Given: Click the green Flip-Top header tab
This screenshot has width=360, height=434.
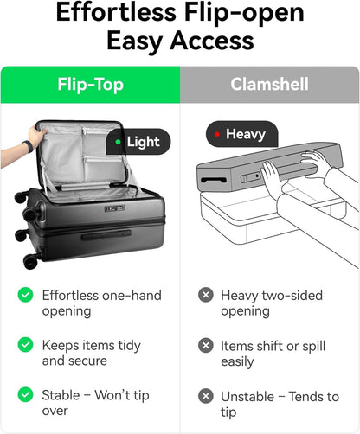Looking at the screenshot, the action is [90, 85].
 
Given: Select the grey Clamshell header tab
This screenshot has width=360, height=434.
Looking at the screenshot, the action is [270, 85].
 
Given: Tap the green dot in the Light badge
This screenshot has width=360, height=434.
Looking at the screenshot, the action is [118, 142].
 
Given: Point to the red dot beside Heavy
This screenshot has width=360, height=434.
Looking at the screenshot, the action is [217, 134].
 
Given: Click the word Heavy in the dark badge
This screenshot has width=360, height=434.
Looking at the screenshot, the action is [246, 135].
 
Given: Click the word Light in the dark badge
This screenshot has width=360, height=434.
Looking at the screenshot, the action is [143, 142].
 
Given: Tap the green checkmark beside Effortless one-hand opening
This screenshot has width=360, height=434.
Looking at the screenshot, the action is [25, 295].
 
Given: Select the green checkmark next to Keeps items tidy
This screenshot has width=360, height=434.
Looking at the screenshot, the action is [25, 345].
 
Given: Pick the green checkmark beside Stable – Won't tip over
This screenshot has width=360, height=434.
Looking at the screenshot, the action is [25, 394].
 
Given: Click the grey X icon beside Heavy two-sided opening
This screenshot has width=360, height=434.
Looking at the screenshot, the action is [206, 295].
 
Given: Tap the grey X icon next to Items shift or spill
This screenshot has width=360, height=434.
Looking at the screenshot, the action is [206, 345].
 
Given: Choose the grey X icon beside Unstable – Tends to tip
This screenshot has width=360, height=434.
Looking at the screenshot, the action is [206, 396].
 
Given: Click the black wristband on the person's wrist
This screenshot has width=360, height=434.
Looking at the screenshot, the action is [29, 146].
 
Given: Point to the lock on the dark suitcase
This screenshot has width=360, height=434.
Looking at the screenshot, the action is [114, 208].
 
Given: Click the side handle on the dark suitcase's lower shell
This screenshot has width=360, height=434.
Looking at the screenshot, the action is [106, 235].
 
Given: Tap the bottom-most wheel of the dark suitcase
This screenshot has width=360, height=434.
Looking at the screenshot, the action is [31, 261].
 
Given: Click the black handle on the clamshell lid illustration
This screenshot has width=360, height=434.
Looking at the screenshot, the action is [214, 181].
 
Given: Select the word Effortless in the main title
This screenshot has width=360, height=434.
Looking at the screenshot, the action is [116, 12].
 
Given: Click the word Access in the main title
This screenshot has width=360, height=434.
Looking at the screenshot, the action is [212, 41].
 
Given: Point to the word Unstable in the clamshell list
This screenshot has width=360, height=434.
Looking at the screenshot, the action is [247, 397].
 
